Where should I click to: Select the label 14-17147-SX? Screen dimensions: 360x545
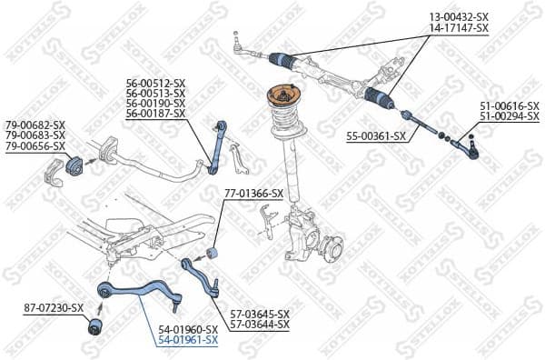[459, 29]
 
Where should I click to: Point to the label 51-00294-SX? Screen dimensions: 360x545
[510, 118]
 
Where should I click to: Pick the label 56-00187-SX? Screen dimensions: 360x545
[155, 114]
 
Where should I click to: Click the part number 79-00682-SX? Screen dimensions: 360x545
[35, 125]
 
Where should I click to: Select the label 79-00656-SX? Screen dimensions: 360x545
[35, 145]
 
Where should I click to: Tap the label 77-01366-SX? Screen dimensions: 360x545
[253, 193]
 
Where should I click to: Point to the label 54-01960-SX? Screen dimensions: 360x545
[188, 328]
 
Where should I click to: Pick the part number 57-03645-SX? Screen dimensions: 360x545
[260, 314]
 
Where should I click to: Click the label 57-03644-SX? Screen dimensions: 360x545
[260, 325]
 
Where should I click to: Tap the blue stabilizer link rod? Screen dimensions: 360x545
[216, 145]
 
